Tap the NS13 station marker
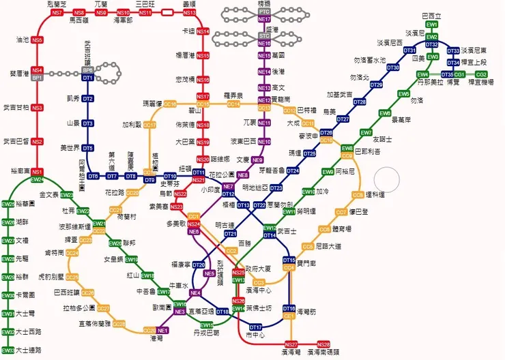click(x=189, y=13)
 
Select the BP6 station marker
click(x=87, y=70)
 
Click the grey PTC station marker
click(x=265, y=12)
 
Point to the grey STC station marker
click(x=265, y=35)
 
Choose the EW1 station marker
click(x=431, y=25)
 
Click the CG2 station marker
click(x=481, y=74)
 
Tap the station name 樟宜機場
click(x=481, y=82)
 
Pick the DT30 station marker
click(x=393, y=67)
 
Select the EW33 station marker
click(x=8, y=350)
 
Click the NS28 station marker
click(x=323, y=344)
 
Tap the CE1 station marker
click(x=289, y=316)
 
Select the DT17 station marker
click(x=255, y=327)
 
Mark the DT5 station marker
click(x=87, y=148)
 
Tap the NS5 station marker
click(x=37, y=40)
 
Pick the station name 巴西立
click(x=431, y=16)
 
